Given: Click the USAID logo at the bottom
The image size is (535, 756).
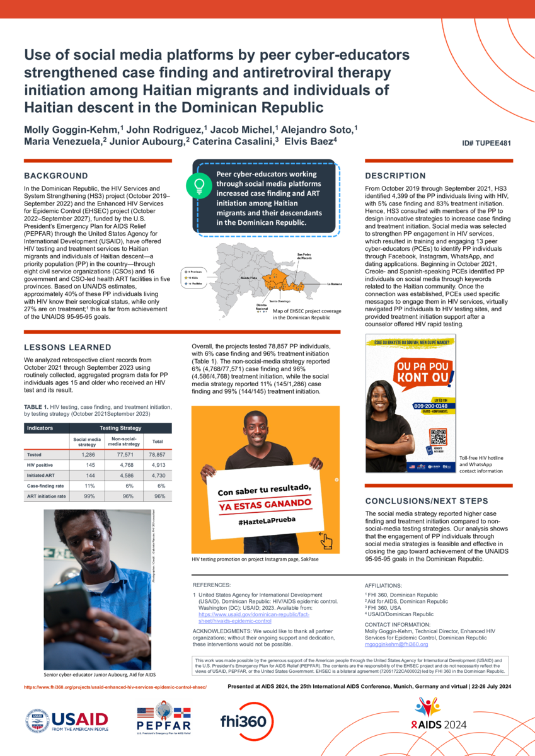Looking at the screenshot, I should [67, 719].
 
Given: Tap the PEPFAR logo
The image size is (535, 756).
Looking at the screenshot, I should [163, 719].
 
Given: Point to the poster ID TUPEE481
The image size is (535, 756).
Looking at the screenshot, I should [486, 143].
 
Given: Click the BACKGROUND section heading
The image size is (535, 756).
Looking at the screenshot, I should [56, 176].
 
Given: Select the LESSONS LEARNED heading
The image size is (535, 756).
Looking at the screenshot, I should [67, 347].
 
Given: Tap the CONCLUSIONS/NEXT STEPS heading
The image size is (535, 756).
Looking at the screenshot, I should [427, 501].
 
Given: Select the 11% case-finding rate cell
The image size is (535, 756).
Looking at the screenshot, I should [90, 486].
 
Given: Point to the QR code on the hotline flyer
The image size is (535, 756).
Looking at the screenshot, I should [437, 438].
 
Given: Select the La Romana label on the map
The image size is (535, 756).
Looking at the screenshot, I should [334, 284].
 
